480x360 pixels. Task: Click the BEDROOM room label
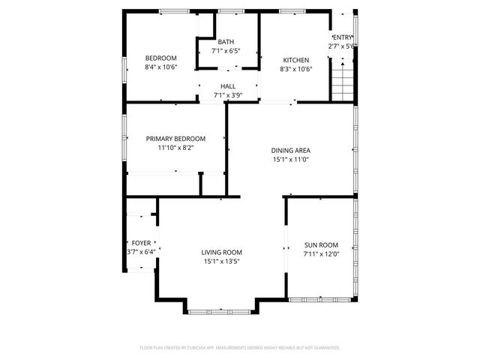coord(160,58)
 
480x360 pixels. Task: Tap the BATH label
coord(226,42)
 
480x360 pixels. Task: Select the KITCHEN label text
coord(295,60)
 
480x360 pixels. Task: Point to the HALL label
coord(228,86)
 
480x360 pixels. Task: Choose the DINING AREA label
coord(290,150)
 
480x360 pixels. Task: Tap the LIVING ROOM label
coord(221,253)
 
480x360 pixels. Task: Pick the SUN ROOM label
coord(321,245)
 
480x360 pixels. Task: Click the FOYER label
coord(141,243)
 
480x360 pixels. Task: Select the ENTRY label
coord(341,37)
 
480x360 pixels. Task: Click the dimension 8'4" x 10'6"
coord(160,67)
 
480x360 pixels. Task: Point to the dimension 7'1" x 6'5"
coord(226,51)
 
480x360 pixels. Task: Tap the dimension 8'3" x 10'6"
coord(295,69)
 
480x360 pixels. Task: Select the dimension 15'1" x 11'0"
coord(290,159)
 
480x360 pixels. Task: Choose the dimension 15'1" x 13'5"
coord(221,262)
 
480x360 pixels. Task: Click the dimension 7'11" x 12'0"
coord(321,254)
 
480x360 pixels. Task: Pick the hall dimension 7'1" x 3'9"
coord(228,95)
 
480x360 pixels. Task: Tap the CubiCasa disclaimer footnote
coord(240,348)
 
